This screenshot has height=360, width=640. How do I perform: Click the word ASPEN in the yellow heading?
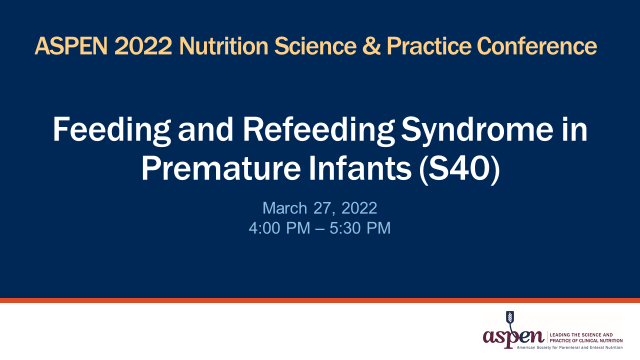click(x=71, y=46)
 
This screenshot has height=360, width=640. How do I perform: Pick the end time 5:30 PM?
click(x=360, y=228)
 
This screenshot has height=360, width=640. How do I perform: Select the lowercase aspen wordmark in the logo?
click(x=513, y=336)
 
